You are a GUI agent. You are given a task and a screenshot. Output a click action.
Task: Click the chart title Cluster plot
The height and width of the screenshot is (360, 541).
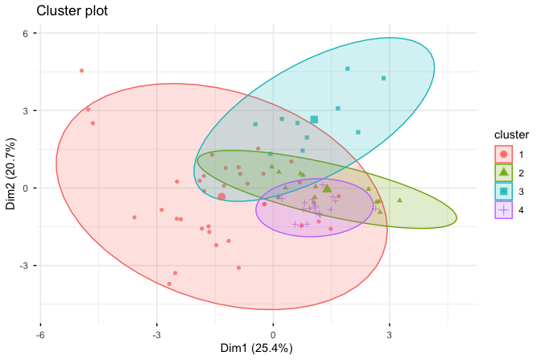(71, 13)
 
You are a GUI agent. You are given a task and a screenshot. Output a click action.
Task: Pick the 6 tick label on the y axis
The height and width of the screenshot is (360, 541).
(26, 34)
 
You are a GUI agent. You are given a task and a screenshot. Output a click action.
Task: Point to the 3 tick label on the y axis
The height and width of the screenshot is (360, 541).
(26, 111)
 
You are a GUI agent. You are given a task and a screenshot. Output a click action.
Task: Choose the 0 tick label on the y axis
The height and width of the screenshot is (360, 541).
(26, 188)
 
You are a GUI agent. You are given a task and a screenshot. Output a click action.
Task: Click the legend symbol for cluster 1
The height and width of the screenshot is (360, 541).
(503, 153)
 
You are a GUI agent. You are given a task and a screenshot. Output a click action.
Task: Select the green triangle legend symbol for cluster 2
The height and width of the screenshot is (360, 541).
(503, 172)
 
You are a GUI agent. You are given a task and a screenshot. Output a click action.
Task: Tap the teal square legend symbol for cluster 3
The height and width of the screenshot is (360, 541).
(503, 191)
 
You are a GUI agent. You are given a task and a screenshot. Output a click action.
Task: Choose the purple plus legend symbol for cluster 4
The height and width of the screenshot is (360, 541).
(503, 209)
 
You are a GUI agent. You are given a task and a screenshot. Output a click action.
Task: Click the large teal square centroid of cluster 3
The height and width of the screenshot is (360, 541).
(314, 120)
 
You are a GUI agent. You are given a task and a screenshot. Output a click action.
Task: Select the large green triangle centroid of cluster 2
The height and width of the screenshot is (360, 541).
(327, 188)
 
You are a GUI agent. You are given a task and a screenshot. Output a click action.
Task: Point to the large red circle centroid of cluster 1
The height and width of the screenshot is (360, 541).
(221, 197)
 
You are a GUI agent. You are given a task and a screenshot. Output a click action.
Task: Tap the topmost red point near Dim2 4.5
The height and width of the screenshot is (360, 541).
(81, 71)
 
